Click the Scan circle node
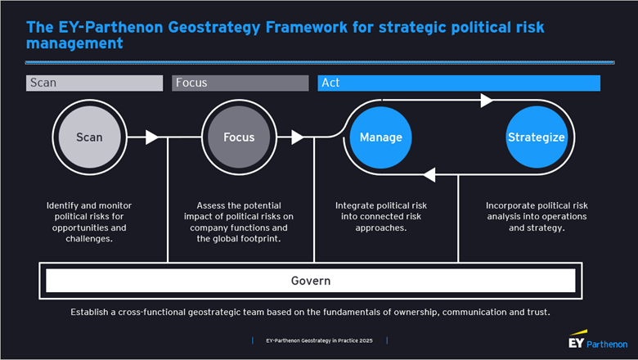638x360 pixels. (x=89, y=137)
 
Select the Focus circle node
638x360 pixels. (x=239, y=137)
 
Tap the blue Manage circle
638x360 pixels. (x=380, y=137)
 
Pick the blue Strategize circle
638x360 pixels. (x=536, y=137)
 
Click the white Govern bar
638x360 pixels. (x=310, y=281)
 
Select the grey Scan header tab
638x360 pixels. (x=95, y=83)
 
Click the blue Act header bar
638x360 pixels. (x=459, y=83)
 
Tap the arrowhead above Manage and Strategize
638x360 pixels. (x=487, y=101)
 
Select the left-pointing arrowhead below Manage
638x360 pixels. (x=430, y=173)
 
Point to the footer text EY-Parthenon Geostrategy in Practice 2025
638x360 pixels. (x=320, y=340)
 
